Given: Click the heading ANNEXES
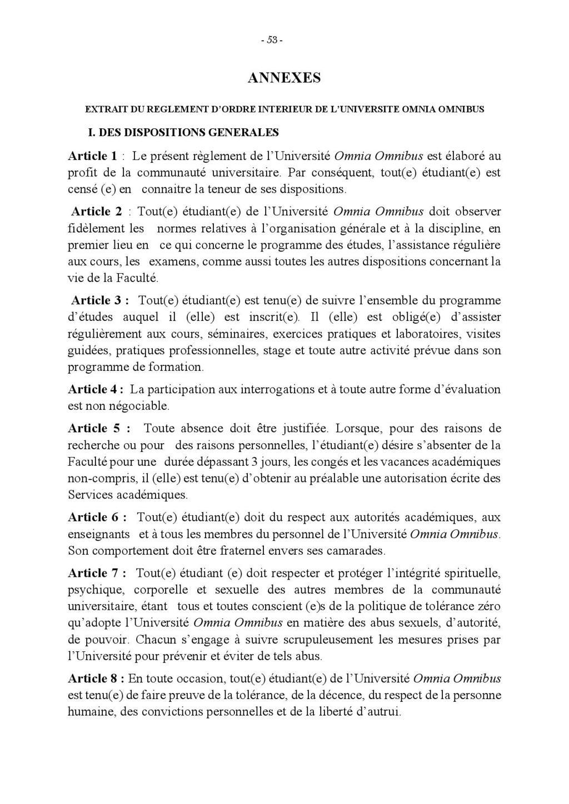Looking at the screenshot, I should tap(284, 78).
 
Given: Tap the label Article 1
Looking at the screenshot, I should tap(92, 155).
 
